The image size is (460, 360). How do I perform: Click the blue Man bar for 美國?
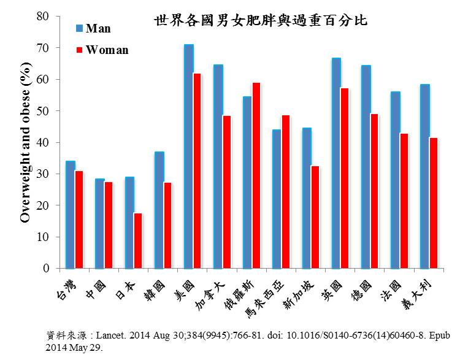click(x=189, y=156)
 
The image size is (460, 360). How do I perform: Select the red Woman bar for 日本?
click(x=139, y=240)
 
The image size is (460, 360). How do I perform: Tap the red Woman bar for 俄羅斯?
click(x=256, y=175)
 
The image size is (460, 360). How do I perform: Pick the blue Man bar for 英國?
click(x=336, y=163)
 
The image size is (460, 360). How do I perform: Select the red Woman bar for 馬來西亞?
click(x=286, y=191)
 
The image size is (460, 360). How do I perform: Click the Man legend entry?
click(x=98, y=28)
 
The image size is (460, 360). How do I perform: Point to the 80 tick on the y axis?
click(x=43, y=16)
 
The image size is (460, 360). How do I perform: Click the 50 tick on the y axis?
click(x=43, y=111)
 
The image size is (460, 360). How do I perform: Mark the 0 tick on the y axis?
click(x=45, y=269)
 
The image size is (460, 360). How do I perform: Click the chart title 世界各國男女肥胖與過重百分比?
click(x=261, y=20)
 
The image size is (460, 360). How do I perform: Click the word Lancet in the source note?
click(x=114, y=336)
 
